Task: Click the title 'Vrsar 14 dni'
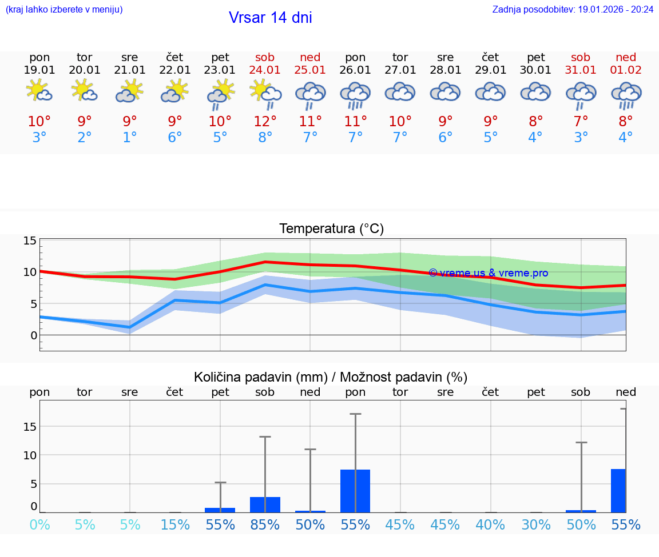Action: coord(270,18)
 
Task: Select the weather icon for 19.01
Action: coord(39,91)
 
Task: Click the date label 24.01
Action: coord(265,70)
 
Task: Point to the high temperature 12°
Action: coord(265,121)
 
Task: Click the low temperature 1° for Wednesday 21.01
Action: coord(130,138)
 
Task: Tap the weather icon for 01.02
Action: coord(626,94)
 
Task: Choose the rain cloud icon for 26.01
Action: coord(355,94)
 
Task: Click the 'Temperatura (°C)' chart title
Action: coord(331,229)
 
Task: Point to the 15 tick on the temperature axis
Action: coord(30,241)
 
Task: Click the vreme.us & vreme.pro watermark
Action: coord(488,273)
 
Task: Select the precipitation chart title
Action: coord(331,377)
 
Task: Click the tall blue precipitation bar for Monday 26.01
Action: coord(355,491)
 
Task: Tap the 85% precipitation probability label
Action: coord(265,524)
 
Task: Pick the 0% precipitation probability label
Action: coord(39,524)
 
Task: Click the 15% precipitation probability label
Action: coord(175,524)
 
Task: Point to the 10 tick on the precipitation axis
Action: coord(30,455)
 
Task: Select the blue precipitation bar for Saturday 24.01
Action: coord(265,504)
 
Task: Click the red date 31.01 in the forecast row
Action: coord(581,70)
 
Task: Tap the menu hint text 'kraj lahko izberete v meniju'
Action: coord(64,9)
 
